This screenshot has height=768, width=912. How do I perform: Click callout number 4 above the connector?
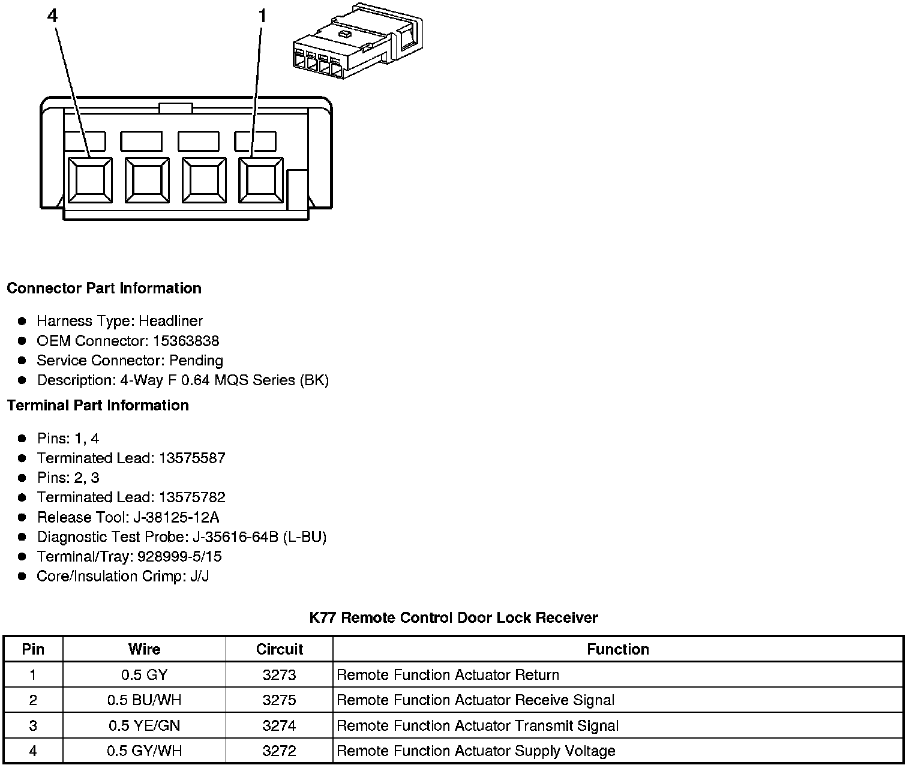point(53,16)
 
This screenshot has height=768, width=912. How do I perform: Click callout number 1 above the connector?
point(262,16)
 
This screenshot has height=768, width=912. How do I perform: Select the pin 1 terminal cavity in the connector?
point(260,180)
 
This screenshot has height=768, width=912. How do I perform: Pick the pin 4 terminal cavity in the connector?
point(90,180)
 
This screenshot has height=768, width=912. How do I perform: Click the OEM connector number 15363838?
point(186,341)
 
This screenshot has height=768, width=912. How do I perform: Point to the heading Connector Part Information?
point(104,288)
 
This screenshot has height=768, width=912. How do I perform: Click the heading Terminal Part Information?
point(98,405)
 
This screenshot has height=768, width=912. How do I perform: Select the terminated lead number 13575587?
point(192,458)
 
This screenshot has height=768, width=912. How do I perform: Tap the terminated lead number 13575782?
point(192,497)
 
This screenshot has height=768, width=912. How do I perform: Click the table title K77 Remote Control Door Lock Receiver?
point(454,617)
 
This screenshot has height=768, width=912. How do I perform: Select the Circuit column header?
point(279,649)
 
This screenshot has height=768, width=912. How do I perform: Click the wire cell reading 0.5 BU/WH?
point(144,700)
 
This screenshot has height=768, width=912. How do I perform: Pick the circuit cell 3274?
point(279,725)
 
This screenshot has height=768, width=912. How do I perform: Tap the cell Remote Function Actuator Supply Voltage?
point(476,751)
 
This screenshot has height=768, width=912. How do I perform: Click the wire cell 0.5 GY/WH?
point(144,751)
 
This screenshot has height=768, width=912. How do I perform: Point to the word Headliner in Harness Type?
point(171,321)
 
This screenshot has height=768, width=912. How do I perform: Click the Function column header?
point(617,649)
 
